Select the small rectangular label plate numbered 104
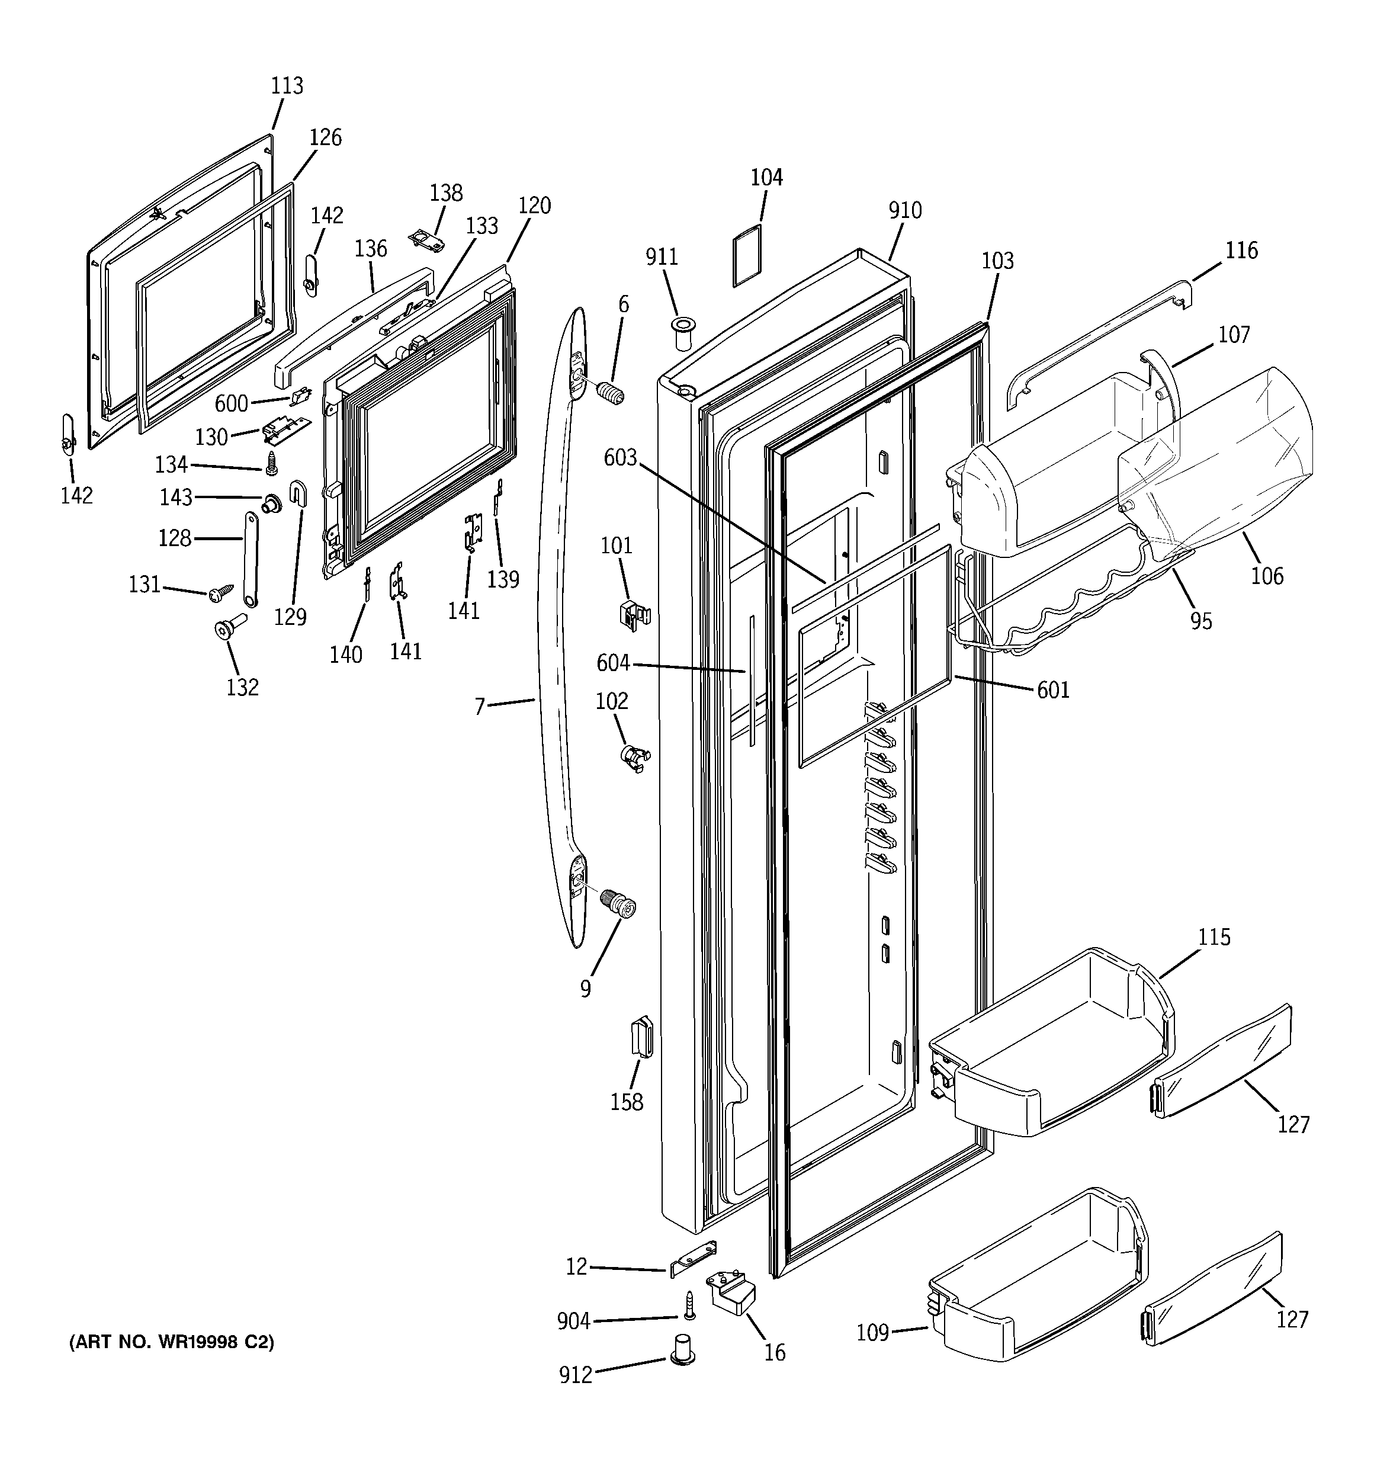pyautogui.click(x=746, y=255)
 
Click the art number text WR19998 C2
pyautogui.click(x=171, y=1343)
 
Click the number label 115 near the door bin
pyautogui.click(x=1214, y=937)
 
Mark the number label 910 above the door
pyautogui.click(x=904, y=211)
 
